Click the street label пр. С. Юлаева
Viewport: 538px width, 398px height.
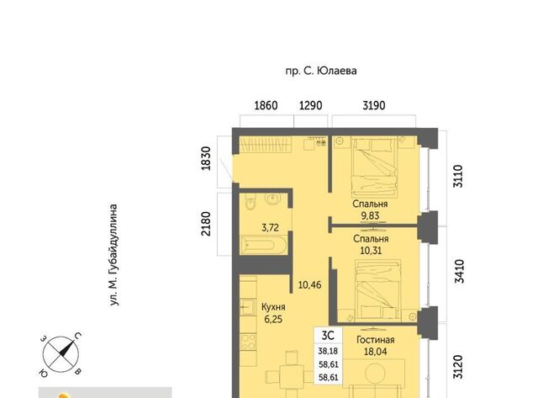[x=321, y=71]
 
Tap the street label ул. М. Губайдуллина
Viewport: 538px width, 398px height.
[x=113, y=255]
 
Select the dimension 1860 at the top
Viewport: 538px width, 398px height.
[x=266, y=105]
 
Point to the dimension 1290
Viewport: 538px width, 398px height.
[x=310, y=105]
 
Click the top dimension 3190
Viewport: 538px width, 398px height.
[x=373, y=105]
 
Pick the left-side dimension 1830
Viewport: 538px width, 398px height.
[x=205, y=158]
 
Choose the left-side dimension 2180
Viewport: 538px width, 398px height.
[x=205, y=224]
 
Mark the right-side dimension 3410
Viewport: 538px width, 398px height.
[x=459, y=271]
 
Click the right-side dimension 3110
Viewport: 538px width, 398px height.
[x=458, y=176]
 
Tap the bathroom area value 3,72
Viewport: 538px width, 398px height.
[x=270, y=228]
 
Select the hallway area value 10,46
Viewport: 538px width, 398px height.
[x=309, y=285]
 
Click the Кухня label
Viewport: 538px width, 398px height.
[x=273, y=306]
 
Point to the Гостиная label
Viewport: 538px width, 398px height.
[x=376, y=340]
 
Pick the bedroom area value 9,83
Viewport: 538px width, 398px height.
[x=370, y=215]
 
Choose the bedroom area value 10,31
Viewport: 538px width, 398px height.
[x=371, y=251]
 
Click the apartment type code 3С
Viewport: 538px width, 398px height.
[x=328, y=336]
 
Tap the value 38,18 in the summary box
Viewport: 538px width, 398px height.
[x=328, y=351]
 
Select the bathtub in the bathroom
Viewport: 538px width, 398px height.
[x=263, y=245]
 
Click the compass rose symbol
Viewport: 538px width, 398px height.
[x=61, y=354]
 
